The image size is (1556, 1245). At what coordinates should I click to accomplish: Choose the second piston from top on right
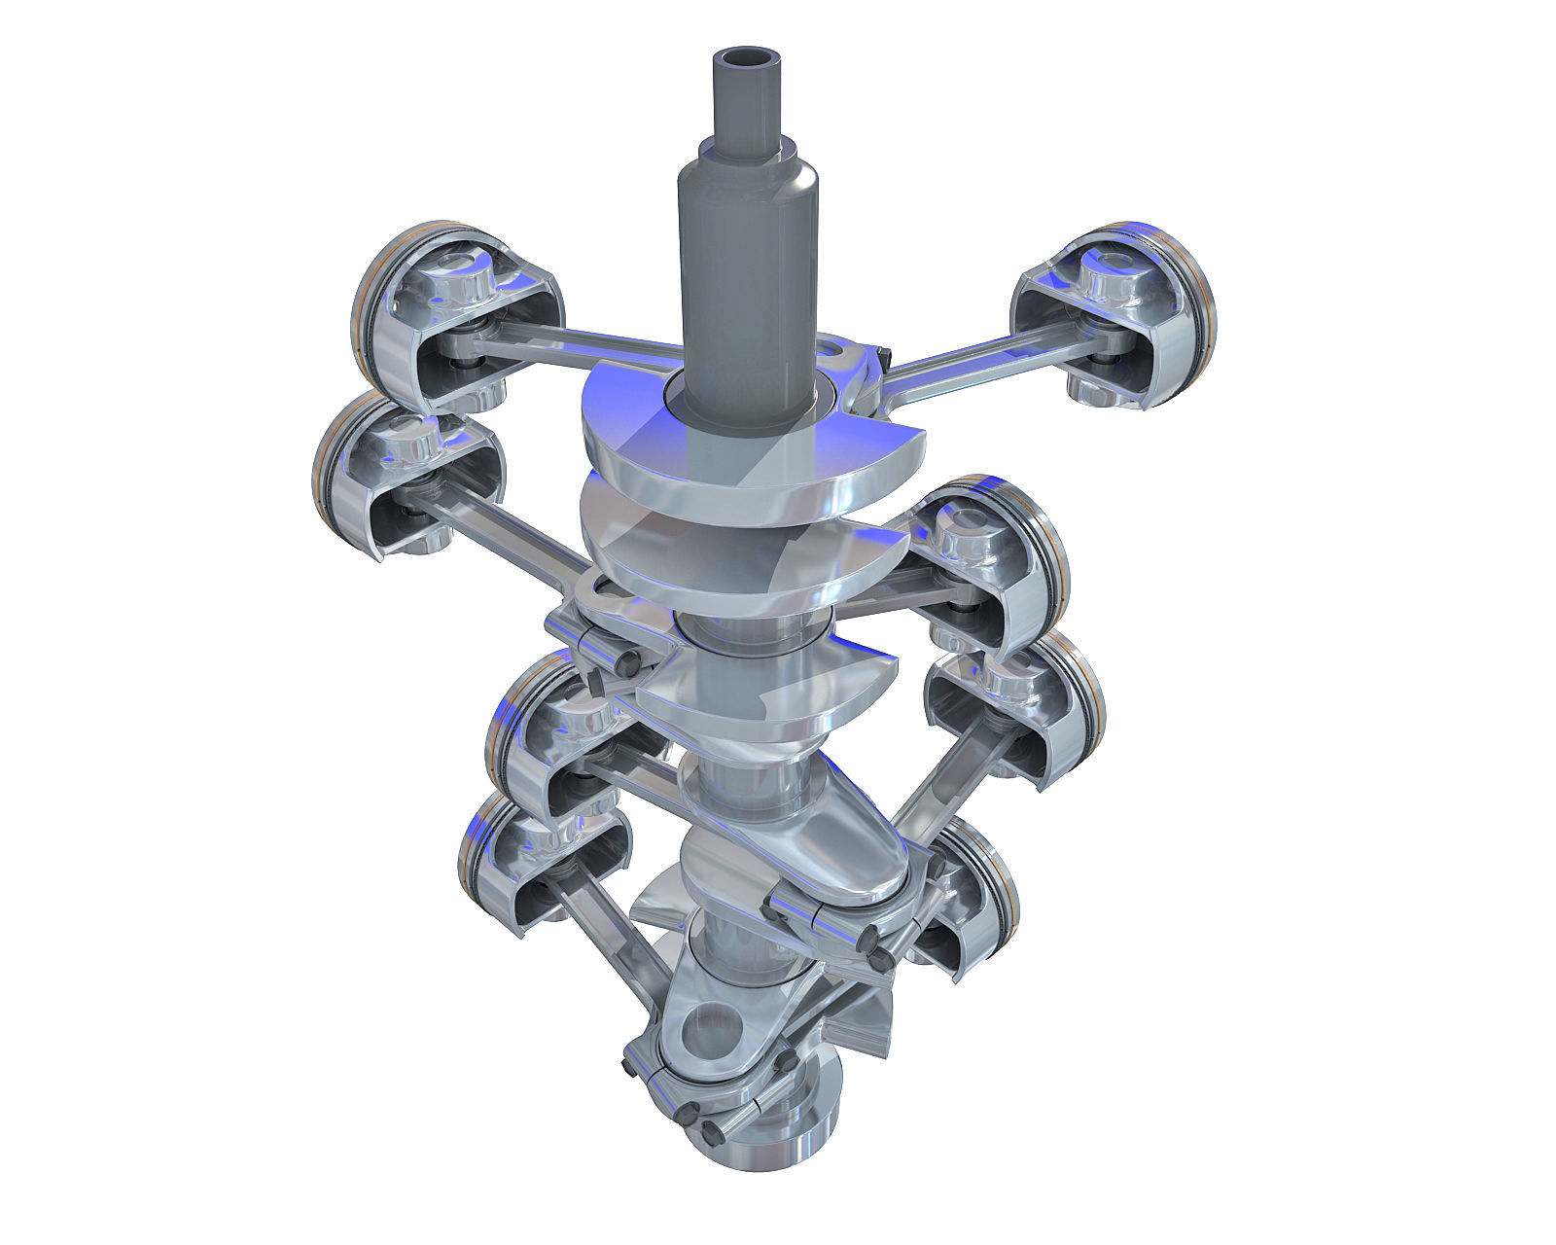pyautogui.click(x=992, y=564)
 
